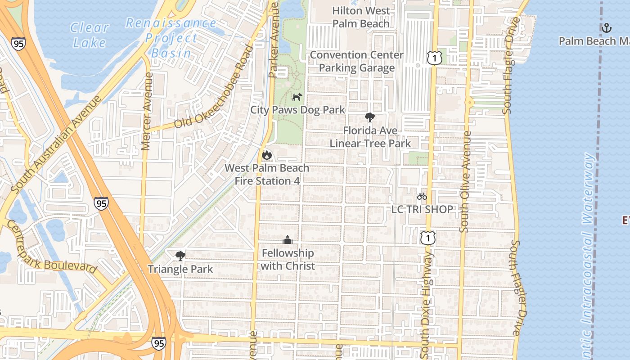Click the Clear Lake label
point(90,35)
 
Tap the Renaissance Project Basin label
point(171,38)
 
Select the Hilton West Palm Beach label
point(361,17)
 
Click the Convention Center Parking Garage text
point(357,61)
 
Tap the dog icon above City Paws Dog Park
point(297,97)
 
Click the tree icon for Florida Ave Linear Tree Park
point(370,118)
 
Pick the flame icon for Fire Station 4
point(267,155)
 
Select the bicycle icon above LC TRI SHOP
point(422,196)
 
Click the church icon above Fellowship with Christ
point(288,240)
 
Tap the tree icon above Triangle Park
point(180,256)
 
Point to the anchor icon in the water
point(607,28)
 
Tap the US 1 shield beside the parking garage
point(435,58)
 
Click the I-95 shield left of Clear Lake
point(18,44)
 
